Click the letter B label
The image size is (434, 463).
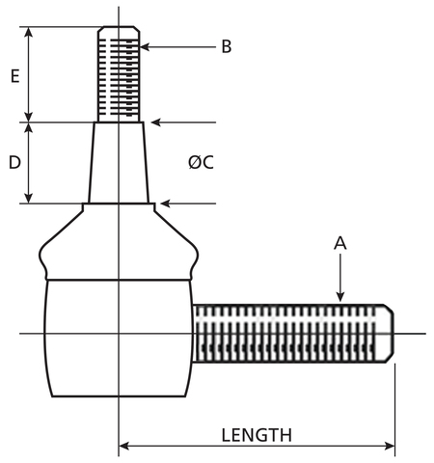pyautogui.click(x=227, y=46)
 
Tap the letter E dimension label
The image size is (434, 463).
pyautogui.click(x=14, y=76)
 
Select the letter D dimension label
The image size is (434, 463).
pyautogui.click(x=14, y=162)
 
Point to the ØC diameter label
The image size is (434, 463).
pyautogui.click(x=201, y=162)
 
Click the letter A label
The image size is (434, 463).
pyautogui.click(x=340, y=243)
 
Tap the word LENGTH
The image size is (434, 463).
pyautogui.click(x=257, y=435)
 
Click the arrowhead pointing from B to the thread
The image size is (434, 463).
pyautogui.click(x=145, y=47)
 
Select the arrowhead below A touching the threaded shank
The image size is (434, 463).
pyautogui.click(x=340, y=297)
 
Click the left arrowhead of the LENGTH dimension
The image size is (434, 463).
pyautogui.click(x=123, y=447)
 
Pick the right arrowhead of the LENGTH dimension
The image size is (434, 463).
pyautogui.click(x=390, y=447)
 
